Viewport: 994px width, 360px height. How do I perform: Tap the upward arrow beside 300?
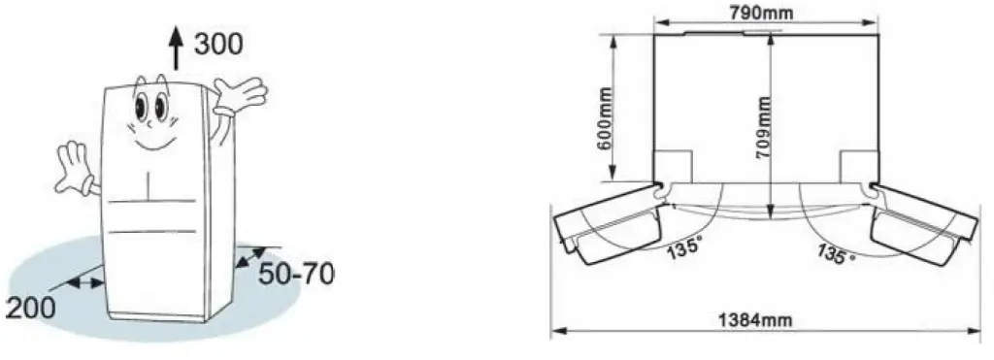176,47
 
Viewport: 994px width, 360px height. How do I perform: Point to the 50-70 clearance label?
294,275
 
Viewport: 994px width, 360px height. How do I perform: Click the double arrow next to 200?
86,281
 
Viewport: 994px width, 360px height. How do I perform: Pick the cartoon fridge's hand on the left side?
76,168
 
